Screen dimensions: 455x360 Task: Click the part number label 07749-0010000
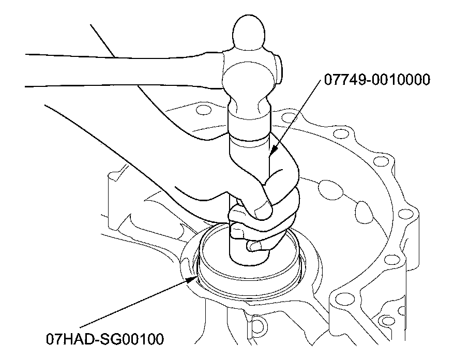(377, 80)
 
